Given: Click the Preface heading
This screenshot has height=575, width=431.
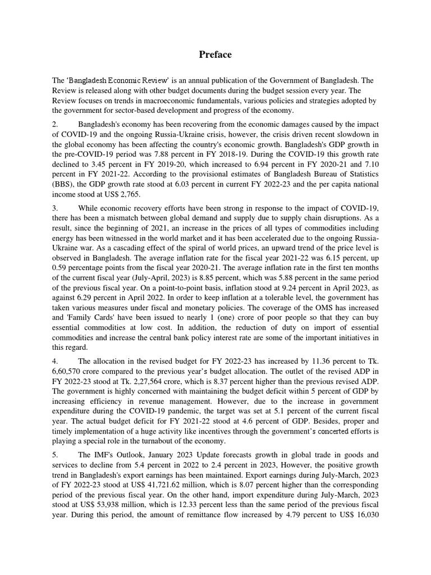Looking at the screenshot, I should click(x=215, y=54).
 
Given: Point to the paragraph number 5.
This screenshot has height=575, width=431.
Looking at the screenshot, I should click(x=55, y=455).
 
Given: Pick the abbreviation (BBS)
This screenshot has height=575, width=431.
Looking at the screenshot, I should click(x=63, y=184).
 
